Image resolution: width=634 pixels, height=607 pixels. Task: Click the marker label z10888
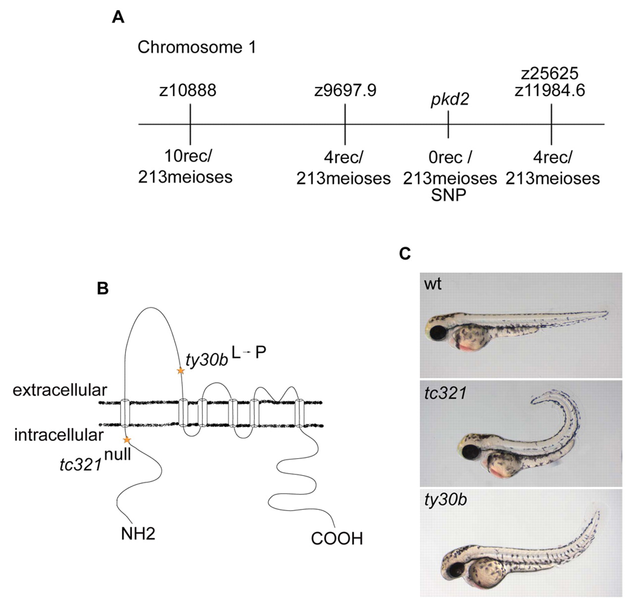coord(188,90)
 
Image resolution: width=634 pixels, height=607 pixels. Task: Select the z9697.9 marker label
coord(345,90)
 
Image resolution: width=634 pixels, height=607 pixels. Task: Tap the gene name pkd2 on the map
coord(450,99)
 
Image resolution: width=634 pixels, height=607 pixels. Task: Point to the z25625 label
coord(550,73)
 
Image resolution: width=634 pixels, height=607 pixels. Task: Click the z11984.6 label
coord(550,90)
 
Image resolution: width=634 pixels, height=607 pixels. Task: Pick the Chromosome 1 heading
coord(197,47)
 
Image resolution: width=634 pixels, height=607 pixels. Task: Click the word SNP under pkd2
coord(449,195)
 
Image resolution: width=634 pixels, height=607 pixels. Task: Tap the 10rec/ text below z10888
coord(188,156)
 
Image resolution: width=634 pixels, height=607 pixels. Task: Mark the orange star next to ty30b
coord(180,370)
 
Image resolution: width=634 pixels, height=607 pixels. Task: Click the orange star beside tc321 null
coord(127,440)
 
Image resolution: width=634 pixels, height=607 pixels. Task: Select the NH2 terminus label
coord(138,534)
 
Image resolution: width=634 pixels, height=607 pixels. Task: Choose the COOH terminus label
coord(337,539)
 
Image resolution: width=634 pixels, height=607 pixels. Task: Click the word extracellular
coord(60,390)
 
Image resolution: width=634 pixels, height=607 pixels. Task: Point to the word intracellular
coord(58,435)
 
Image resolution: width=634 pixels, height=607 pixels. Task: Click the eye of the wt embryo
coord(438,333)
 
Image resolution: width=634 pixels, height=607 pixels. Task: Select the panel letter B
coord(103,289)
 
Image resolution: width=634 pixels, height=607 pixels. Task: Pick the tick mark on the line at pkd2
coord(448,124)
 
